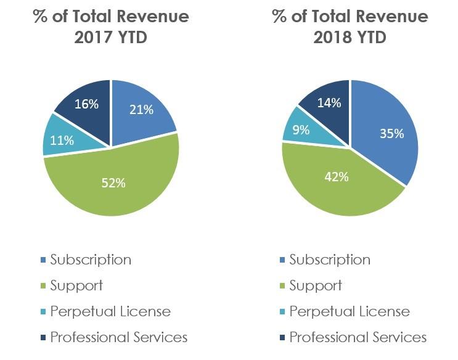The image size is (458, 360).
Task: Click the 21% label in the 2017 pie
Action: coord(141,110)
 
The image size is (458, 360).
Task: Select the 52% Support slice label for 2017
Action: coord(113,183)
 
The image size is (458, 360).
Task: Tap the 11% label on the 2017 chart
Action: coord(62,141)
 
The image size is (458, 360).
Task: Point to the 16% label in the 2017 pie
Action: coord(86,104)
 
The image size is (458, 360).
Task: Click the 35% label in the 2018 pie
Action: coord(391,134)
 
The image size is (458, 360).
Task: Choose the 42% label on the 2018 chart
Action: coord(337,177)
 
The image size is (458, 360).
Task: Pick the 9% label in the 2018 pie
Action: coord(301,129)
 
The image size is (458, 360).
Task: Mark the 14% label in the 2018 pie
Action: coord(329,103)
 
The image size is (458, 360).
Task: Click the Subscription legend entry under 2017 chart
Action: coord(91,260)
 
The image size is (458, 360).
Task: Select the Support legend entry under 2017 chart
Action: coord(76,286)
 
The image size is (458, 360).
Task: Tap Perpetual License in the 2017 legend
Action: coord(110,311)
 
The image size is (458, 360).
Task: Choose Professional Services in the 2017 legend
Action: coord(118,337)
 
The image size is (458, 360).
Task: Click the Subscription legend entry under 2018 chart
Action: coord(330,260)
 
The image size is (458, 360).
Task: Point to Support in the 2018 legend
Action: coord(316,286)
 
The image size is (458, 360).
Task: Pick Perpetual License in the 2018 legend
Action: coord(350,311)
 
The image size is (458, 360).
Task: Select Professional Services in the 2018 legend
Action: coord(358,337)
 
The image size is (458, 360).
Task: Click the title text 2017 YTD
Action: coord(111,38)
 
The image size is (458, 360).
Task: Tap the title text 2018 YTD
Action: coord(350,38)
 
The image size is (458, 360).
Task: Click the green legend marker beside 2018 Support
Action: coord(282,286)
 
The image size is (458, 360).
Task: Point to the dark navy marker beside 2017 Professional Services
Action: coord(43,338)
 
